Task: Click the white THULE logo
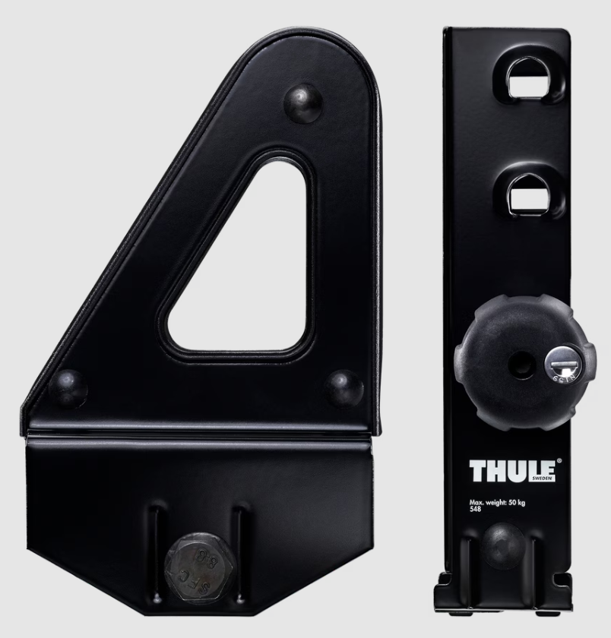[513, 471]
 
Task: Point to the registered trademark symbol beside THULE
[559, 460]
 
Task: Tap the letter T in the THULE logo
[477, 471]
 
